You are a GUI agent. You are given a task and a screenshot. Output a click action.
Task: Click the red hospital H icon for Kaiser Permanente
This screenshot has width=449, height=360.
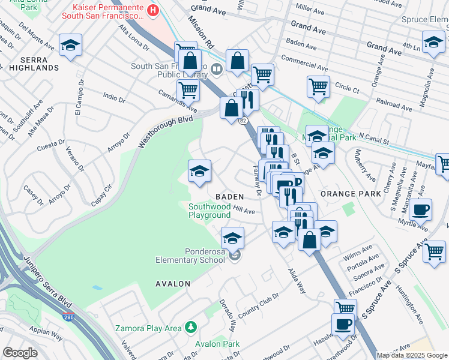(x=153, y=10)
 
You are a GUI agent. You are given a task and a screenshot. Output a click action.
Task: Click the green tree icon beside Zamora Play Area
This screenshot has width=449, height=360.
(x=191, y=327)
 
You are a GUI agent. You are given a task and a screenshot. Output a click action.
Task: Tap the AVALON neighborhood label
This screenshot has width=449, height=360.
(x=172, y=283)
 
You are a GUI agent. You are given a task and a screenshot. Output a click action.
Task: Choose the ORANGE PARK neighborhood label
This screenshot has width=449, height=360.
(x=351, y=194)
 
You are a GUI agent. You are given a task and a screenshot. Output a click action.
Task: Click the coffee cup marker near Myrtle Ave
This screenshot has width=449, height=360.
(x=421, y=210)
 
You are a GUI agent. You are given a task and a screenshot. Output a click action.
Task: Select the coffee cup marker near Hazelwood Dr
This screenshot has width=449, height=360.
(x=343, y=324)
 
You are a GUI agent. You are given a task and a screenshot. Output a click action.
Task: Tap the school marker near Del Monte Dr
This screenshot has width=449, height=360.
(x=70, y=45)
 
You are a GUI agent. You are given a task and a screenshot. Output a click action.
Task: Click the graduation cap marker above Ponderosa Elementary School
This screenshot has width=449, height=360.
(x=232, y=238)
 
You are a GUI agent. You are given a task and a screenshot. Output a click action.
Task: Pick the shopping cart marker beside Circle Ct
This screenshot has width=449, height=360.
(x=318, y=85)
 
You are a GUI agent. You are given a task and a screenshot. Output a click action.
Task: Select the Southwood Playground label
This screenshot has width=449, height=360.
(x=209, y=211)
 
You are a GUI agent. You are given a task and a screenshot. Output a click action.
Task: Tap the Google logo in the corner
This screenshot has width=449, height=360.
(x=20, y=353)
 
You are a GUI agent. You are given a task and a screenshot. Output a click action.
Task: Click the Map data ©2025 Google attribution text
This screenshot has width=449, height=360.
(x=411, y=355)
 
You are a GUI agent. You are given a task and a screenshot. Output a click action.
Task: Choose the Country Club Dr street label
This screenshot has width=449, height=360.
(x=259, y=306)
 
